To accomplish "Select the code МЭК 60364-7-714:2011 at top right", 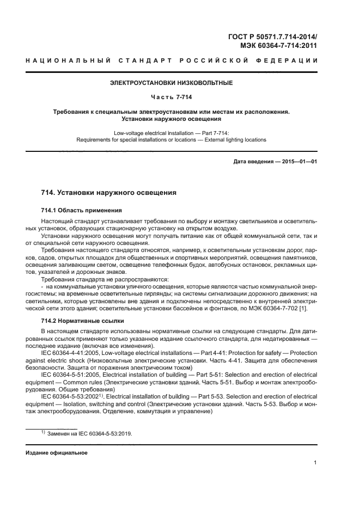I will [x=279, y=46].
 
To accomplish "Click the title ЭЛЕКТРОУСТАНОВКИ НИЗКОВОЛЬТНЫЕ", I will [x=171, y=83].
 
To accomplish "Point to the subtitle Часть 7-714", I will [x=171, y=97].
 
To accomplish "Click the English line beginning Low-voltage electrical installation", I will [x=171, y=132].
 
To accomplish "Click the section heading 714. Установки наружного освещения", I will [x=108, y=193].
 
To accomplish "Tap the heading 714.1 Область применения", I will [x=81, y=210].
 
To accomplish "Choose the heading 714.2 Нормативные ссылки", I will [x=83, y=321].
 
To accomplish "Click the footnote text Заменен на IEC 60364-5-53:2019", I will [x=89, y=434].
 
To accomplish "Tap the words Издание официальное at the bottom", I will [x=56, y=453].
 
